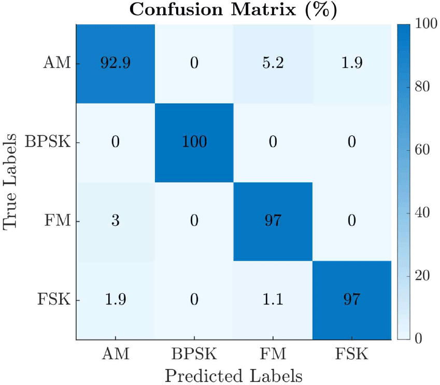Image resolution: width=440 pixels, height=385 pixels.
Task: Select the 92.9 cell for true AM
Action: tap(116, 64)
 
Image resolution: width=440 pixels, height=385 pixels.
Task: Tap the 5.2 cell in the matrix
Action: tap(273, 64)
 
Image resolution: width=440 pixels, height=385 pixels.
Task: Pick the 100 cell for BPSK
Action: tap(194, 142)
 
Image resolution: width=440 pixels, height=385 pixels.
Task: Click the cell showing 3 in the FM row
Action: tap(116, 221)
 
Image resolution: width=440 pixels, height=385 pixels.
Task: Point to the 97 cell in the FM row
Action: tap(273, 221)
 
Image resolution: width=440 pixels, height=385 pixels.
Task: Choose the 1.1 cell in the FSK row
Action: tap(273, 300)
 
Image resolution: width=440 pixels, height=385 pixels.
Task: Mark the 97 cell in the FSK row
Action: tap(352, 300)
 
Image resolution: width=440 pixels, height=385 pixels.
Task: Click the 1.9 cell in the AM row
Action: tap(352, 64)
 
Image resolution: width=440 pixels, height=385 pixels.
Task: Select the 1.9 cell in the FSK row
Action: tap(116, 300)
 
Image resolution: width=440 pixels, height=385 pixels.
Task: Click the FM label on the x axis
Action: tap(273, 354)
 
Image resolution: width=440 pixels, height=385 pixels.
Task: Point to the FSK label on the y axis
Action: tap(54, 300)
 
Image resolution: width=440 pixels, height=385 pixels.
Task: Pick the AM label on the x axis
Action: tap(116, 354)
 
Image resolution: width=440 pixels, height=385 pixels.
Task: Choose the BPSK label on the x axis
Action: tap(194, 354)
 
